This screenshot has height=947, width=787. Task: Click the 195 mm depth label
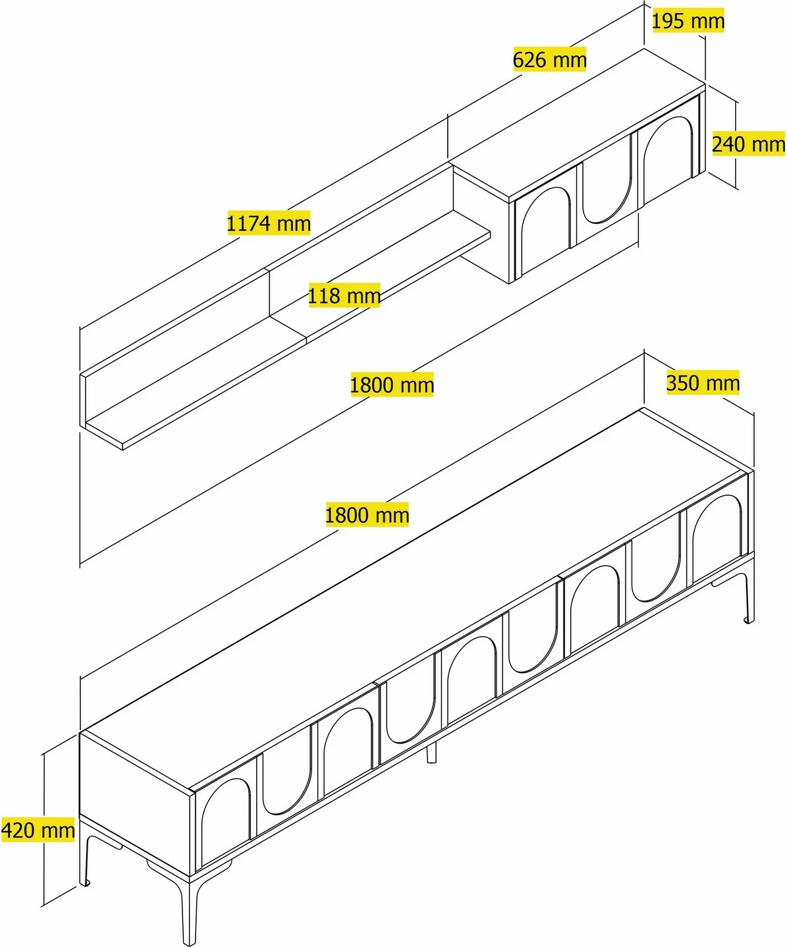(x=688, y=21)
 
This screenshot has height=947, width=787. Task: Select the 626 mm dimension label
(x=549, y=59)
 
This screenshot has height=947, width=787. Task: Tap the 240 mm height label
(x=748, y=144)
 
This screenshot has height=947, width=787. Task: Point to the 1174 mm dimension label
(x=269, y=223)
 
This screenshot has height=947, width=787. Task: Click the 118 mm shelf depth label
(x=344, y=295)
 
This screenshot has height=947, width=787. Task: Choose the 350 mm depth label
(x=703, y=383)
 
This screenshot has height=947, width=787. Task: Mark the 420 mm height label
(x=38, y=830)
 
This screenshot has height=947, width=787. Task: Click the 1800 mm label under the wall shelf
(x=392, y=385)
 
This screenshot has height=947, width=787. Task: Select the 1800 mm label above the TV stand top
(x=367, y=514)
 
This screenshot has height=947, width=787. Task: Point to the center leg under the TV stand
(x=431, y=753)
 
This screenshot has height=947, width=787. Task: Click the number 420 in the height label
(x=18, y=830)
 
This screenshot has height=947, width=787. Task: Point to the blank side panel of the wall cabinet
(x=481, y=224)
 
